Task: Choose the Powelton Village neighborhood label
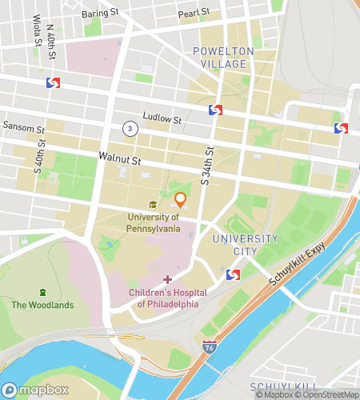pyautogui.click(x=222, y=58)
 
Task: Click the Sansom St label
pyautogui.click(x=20, y=126)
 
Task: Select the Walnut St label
pyautogui.click(x=120, y=159)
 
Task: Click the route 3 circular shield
pyautogui.click(x=128, y=128)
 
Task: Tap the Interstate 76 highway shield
pyautogui.click(x=210, y=347)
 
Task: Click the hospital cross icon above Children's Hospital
pyautogui.click(x=167, y=278)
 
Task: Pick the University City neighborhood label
pyautogui.click(x=245, y=245)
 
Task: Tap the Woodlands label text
pyautogui.click(x=42, y=304)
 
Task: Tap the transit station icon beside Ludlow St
pyautogui.click(x=215, y=110)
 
